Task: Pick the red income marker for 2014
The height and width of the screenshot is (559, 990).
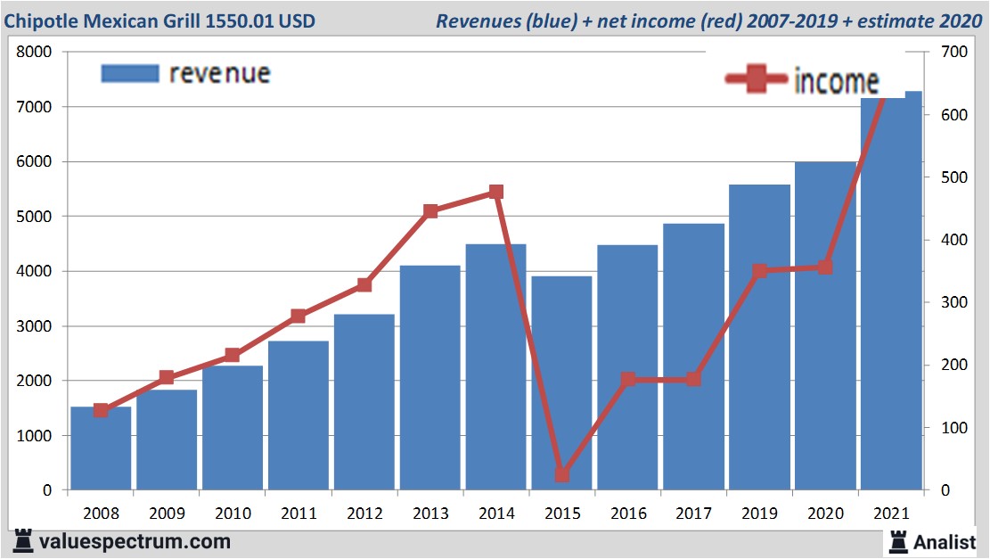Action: pyautogui.click(x=496, y=192)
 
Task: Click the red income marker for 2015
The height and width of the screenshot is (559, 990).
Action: pyautogui.click(x=561, y=474)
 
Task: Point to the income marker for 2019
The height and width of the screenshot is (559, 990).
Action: pyautogui.click(x=759, y=271)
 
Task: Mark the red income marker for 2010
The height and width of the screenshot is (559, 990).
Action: pyautogui.click(x=233, y=355)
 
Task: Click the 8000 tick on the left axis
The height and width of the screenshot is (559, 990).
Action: pyautogui.click(x=35, y=52)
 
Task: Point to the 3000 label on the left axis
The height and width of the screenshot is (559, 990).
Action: pyautogui.click(x=35, y=326)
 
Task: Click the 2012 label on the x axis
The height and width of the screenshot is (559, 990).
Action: pyautogui.click(x=364, y=514)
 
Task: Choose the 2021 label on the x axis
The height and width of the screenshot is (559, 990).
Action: pyautogui.click(x=891, y=514)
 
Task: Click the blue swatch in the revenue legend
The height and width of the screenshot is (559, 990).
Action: pyautogui.click(x=130, y=73)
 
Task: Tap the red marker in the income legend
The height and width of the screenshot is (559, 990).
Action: pyautogui.click(x=757, y=80)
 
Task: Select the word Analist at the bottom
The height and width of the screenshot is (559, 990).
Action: pyautogui.click(x=945, y=541)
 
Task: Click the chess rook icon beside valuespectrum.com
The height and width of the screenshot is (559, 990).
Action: pyautogui.click(x=22, y=540)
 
